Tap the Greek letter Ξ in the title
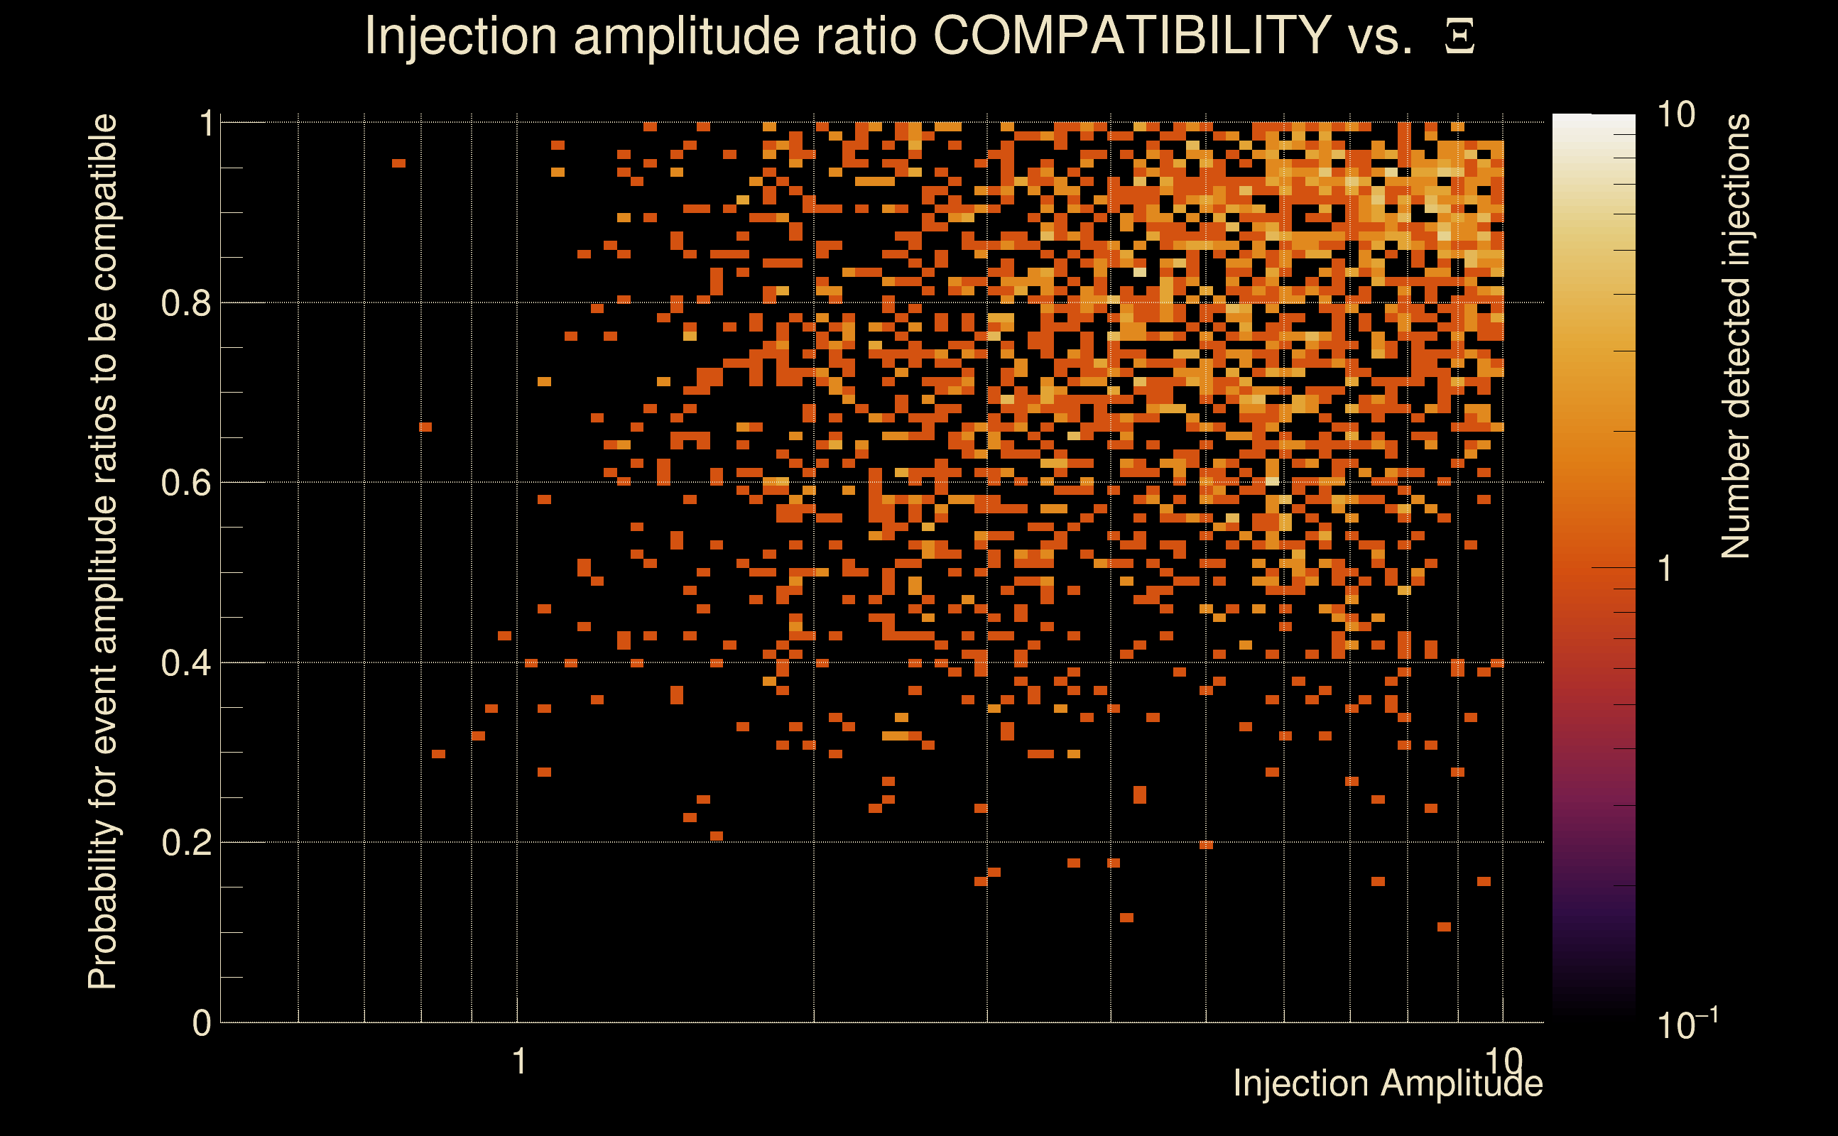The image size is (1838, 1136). tap(1459, 37)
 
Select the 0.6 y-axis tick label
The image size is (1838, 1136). tap(185, 482)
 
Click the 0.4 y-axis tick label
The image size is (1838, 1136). tap(185, 662)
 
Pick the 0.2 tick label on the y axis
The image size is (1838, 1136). tap(185, 842)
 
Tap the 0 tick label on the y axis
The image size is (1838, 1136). tap(202, 1022)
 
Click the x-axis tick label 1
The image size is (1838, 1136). tap(518, 1061)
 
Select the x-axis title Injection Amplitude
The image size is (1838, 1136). tap(1388, 1083)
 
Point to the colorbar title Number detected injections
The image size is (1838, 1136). tap(1735, 336)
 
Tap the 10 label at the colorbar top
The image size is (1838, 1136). tap(1675, 115)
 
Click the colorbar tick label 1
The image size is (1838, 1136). tap(1665, 569)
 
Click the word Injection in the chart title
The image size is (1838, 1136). tap(460, 35)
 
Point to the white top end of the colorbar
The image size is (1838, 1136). tap(1593, 120)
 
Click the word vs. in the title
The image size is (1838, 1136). tap(1381, 35)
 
